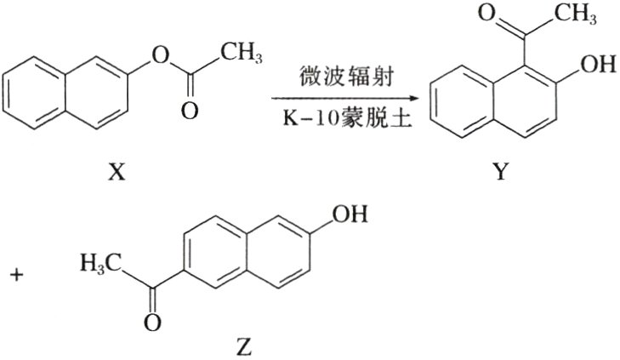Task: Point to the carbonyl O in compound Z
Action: click(150, 323)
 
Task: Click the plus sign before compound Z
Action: click(16, 275)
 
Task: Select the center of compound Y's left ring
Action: click(460, 104)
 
